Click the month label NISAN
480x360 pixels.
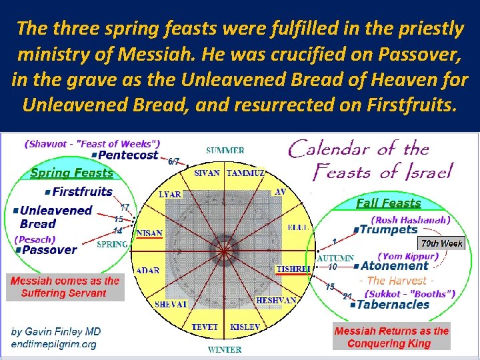click(150, 233)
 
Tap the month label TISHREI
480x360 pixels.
click(293, 269)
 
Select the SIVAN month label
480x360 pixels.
click(207, 173)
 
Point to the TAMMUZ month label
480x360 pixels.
click(245, 173)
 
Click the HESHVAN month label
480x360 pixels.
click(276, 301)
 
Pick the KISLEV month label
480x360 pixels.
click(245, 327)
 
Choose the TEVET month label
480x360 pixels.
click(205, 327)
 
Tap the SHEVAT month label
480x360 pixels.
click(171, 304)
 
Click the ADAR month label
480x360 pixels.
click(147, 270)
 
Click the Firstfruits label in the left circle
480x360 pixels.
click(83, 192)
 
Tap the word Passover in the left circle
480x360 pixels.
click(49, 250)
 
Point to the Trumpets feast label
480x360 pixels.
click(388, 230)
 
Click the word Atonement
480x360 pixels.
click(394, 266)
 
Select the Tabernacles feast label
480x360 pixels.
click(393, 305)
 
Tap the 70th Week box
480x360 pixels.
click(441, 243)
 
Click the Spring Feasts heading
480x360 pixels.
click(72, 173)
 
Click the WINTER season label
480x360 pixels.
click(225, 349)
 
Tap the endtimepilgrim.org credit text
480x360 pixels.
click(54, 344)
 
